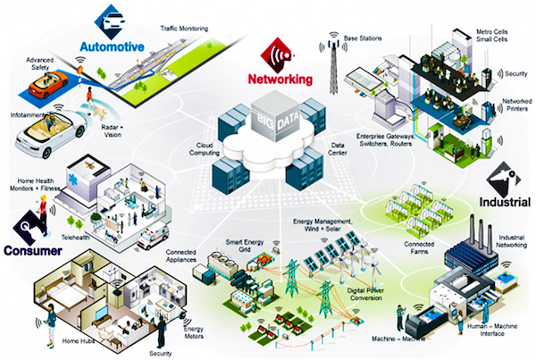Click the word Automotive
pos(113,46)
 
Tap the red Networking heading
pos(281,79)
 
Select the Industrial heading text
pos(505,202)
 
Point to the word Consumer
pos(33,251)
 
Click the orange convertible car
pos(48,84)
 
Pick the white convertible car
pos(50,132)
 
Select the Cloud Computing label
pos(205,149)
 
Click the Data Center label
pos(338,149)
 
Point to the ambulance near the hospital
pos(153,236)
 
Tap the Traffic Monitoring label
pos(184,29)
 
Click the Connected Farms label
pos(419,247)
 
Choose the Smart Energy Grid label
pos(245,246)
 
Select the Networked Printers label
pos(517,105)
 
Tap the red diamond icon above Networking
pos(278,55)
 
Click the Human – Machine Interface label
pos(492,330)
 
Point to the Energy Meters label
pos(194,332)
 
